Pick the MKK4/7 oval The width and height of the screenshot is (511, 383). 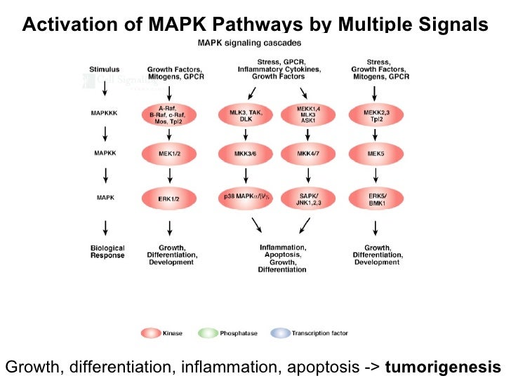pyautogui.click(x=307, y=153)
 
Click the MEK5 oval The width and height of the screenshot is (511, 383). pyautogui.click(x=376, y=153)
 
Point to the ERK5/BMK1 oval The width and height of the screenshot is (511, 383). pyautogui.click(x=376, y=198)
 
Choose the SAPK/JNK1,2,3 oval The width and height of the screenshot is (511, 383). pyautogui.click(x=307, y=198)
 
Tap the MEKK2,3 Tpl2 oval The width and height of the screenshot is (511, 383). pyautogui.click(x=376, y=114)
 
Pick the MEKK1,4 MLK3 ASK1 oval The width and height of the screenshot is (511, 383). pyautogui.click(x=307, y=114)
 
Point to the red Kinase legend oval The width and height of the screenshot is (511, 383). pyautogui.click(x=151, y=333)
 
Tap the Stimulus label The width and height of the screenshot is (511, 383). pyautogui.click(x=105, y=69)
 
